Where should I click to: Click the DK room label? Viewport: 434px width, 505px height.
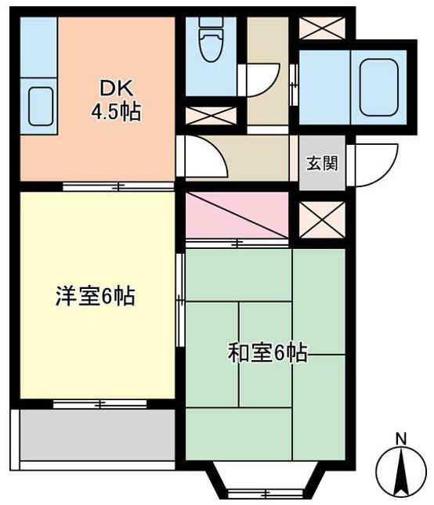click(116, 88)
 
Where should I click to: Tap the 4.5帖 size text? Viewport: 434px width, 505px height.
click(116, 112)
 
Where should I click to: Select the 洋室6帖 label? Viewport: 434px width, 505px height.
click(96, 296)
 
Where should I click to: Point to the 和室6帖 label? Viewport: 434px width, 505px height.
click(267, 352)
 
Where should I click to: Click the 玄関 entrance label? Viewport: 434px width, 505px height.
click(322, 163)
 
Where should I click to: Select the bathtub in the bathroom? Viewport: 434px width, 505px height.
click(379, 87)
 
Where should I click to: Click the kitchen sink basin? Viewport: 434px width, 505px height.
click(41, 106)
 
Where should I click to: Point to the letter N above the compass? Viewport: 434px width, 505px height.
click(401, 439)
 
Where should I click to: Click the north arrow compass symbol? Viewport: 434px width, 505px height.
click(401, 472)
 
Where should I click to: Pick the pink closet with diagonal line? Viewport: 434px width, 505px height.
click(237, 215)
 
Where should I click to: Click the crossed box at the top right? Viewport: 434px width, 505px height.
click(322, 28)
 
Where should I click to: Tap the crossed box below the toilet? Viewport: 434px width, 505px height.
click(211, 116)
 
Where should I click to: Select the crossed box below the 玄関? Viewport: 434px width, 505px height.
click(322, 220)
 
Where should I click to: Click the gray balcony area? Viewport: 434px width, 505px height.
click(98, 435)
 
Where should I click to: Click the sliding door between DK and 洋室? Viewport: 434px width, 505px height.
click(118, 186)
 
